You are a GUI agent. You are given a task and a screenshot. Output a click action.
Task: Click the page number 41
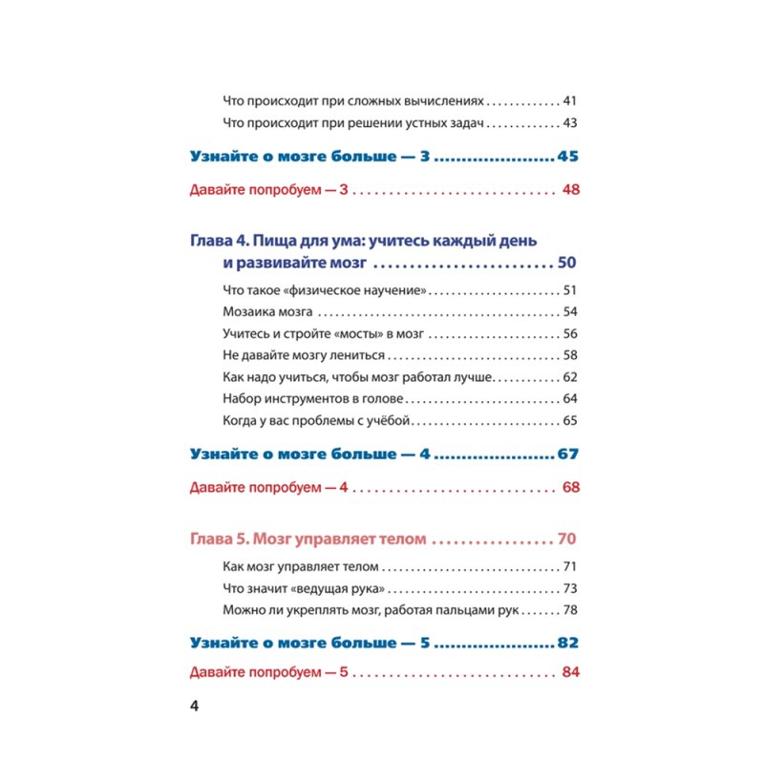click(x=572, y=100)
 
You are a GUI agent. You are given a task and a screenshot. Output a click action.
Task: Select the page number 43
click(x=572, y=123)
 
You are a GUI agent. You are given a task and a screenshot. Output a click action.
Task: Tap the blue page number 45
click(x=570, y=156)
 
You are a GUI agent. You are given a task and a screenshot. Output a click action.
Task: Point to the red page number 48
click(x=572, y=190)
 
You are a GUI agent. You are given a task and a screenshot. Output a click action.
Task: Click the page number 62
click(x=572, y=377)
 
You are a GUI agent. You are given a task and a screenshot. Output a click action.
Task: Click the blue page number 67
click(x=570, y=453)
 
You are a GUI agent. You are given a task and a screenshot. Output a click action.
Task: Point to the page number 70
click(x=566, y=539)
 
